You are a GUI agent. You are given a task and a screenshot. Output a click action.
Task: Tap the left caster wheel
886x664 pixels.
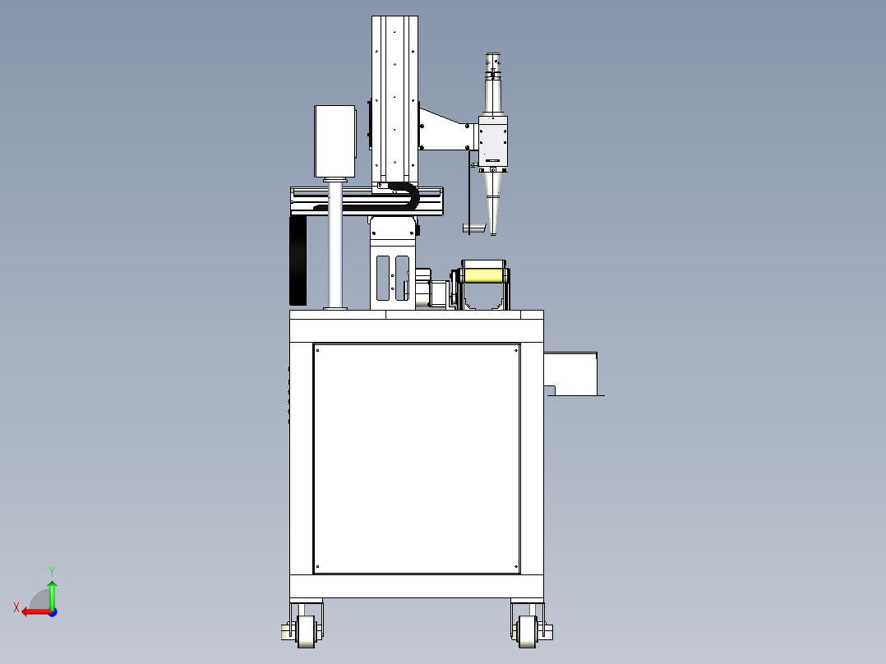pyautogui.click(x=307, y=631)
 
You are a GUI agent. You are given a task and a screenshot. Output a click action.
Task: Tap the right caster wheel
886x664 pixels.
pyautogui.click(x=527, y=631)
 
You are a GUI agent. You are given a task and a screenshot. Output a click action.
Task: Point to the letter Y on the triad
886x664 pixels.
pyautogui.click(x=52, y=571)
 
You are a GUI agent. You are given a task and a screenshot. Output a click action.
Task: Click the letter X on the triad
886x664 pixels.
pyautogui.click(x=16, y=607)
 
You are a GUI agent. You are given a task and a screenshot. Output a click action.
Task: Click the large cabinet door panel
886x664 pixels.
pyautogui.click(x=417, y=459)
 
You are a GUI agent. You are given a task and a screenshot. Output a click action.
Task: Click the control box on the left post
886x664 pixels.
pyautogui.click(x=335, y=141)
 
